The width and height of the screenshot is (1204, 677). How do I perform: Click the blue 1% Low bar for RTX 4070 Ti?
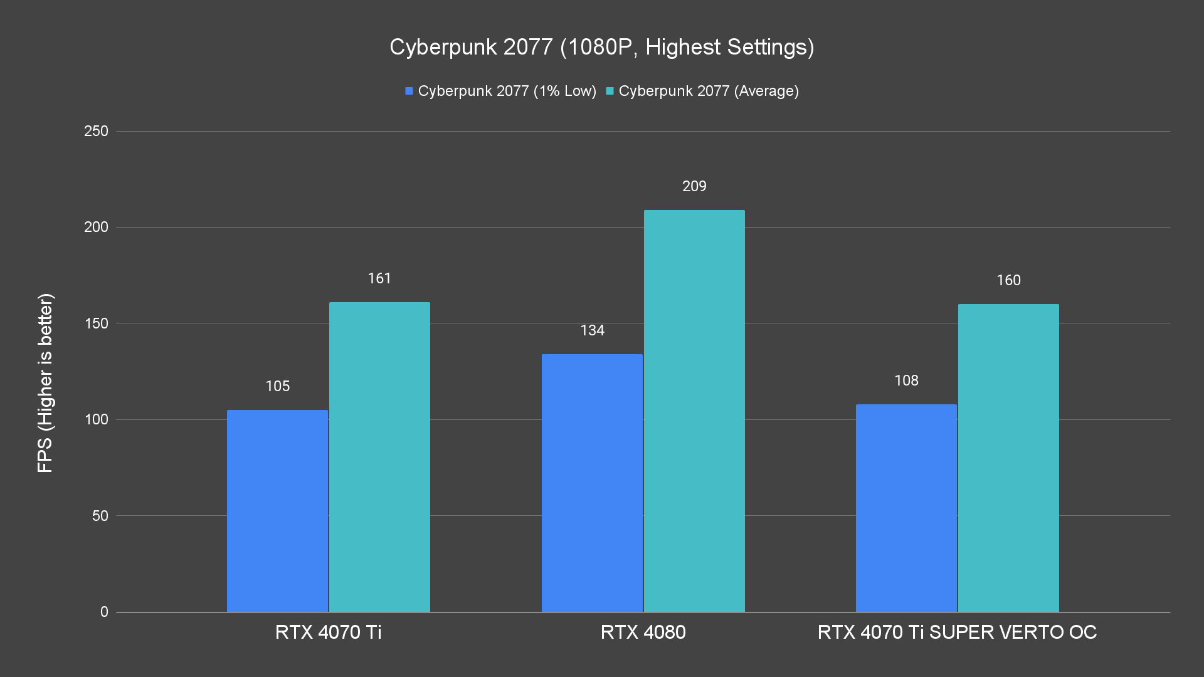(x=277, y=511)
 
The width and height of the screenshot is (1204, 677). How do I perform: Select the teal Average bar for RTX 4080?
(x=694, y=411)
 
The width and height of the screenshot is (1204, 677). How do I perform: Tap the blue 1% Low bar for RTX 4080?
(x=592, y=483)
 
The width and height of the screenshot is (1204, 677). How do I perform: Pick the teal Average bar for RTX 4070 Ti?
(x=379, y=457)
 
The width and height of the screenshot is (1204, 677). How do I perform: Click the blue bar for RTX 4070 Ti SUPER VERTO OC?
(x=906, y=508)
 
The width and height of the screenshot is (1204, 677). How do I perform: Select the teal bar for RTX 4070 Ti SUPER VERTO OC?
(x=1008, y=458)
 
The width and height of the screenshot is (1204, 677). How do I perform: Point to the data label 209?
(x=694, y=186)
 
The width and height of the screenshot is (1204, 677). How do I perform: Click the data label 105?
(x=277, y=386)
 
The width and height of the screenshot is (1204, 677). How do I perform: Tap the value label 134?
(x=592, y=330)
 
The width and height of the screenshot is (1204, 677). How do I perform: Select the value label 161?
(x=379, y=278)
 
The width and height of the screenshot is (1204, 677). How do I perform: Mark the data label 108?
(x=906, y=380)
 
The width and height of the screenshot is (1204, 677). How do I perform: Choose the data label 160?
(x=1008, y=280)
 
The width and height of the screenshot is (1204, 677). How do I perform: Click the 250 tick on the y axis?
(x=96, y=131)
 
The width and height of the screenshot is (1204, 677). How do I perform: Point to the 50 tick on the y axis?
(x=100, y=516)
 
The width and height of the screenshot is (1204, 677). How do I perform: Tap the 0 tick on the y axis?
(x=104, y=612)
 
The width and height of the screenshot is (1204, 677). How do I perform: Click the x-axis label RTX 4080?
(x=643, y=632)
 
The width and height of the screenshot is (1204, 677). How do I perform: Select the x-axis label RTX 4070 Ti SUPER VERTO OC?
(x=957, y=632)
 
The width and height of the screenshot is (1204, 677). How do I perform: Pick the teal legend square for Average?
(x=610, y=91)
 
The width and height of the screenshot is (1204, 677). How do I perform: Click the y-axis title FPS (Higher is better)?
(x=45, y=382)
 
